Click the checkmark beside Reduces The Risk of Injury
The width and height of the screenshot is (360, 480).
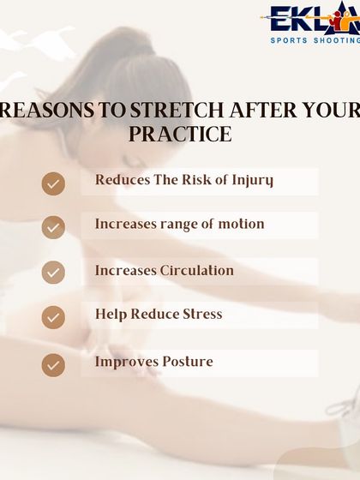pyautogui.click(x=53, y=183)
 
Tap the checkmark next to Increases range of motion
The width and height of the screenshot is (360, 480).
pyautogui.click(x=53, y=227)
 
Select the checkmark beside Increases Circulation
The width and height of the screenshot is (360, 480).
pyautogui.click(x=53, y=273)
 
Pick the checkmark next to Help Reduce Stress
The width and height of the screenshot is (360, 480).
pyautogui.click(x=53, y=317)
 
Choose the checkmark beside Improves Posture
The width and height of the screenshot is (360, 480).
pyautogui.click(x=53, y=364)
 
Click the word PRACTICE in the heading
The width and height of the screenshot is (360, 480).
pyautogui.click(x=180, y=135)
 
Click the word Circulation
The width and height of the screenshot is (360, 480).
pyautogui.click(x=197, y=270)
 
